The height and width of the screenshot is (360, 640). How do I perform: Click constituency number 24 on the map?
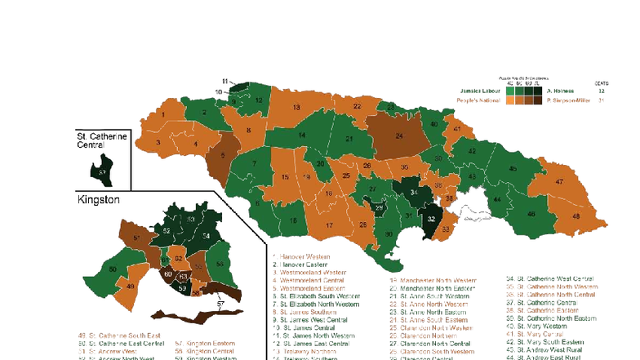(x=400, y=135)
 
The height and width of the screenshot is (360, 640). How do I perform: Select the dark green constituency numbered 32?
(x=432, y=220)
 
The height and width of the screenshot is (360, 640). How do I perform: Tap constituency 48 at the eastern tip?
(x=576, y=217)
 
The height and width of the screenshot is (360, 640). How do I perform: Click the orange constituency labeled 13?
(x=296, y=108)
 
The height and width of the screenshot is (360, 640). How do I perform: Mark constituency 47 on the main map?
(x=560, y=182)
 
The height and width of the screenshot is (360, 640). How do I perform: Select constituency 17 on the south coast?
(x=331, y=224)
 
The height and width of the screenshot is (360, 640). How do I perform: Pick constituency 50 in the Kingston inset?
(x=112, y=269)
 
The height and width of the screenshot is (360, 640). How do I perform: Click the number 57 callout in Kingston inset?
(x=220, y=303)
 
